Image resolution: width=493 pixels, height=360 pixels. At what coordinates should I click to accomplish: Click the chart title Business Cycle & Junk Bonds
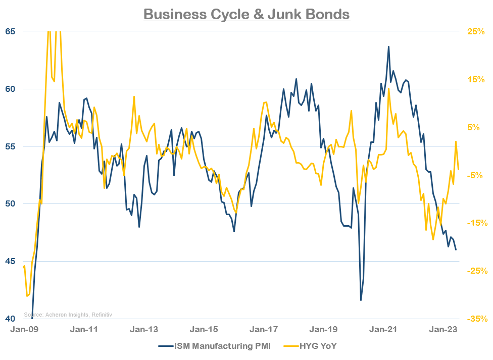click(x=247, y=14)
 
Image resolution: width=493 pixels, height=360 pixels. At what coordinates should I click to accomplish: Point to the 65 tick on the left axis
click(x=11, y=31)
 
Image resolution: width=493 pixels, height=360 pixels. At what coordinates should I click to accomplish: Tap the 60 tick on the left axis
click(x=11, y=89)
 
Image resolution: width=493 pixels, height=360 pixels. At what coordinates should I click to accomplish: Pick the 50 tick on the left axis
click(x=11, y=204)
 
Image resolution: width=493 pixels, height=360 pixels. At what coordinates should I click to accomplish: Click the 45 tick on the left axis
click(x=11, y=262)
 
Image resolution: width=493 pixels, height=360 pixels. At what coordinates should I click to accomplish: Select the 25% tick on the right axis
click(x=476, y=31)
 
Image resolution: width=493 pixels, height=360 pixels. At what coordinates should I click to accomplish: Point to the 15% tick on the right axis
click(x=476, y=79)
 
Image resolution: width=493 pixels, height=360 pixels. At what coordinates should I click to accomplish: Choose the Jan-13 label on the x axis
click(x=144, y=330)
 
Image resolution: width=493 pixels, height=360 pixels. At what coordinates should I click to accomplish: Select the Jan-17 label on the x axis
click(x=264, y=330)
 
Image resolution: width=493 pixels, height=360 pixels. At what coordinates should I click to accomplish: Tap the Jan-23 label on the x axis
click(x=443, y=330)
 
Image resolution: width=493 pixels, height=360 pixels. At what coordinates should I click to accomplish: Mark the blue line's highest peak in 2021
click(x=388, y=46)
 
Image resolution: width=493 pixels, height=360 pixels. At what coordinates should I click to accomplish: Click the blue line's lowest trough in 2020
click(x=361, y=300)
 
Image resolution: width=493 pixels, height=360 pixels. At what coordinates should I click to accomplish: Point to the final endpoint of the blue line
click(x=456, y=249)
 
